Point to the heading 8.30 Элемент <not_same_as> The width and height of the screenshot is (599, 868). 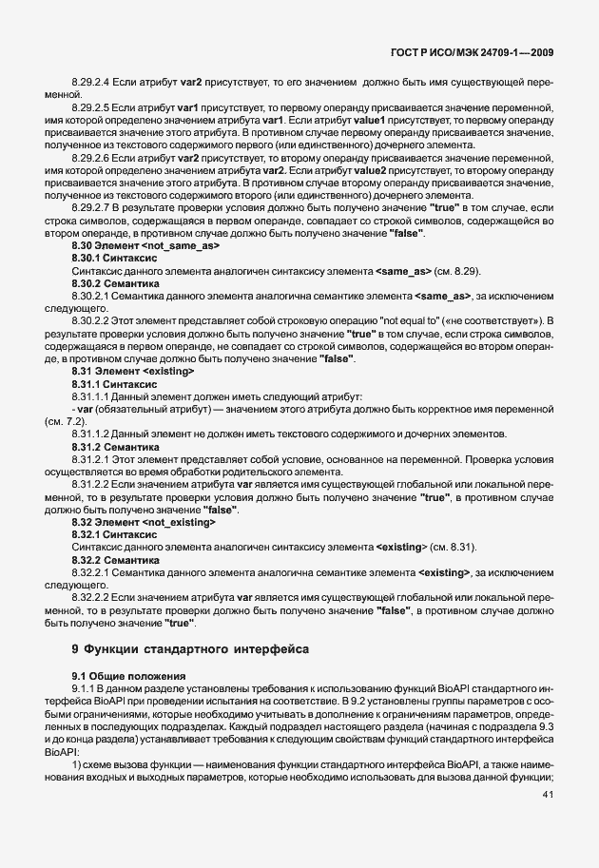click(x=145, y=245)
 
